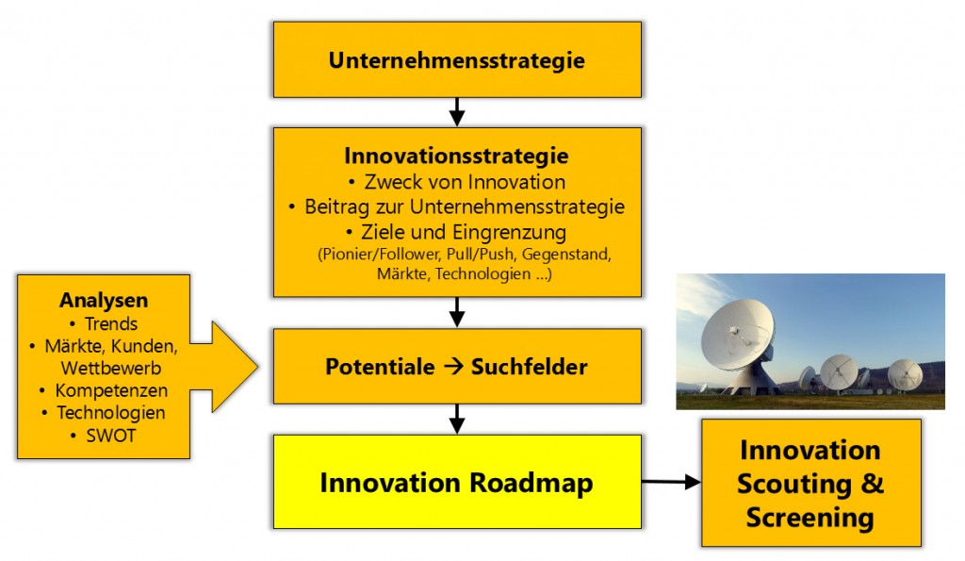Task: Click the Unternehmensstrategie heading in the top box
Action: coord(457,60)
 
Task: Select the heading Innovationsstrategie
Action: coord(457,156)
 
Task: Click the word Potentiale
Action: coord(380,367)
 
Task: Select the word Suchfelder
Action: coord(530,367)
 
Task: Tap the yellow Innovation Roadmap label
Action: coord(457,483)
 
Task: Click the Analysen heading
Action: coord(104,301)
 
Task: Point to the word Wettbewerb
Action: coord(111,369)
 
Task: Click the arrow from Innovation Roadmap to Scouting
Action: coord(671,482)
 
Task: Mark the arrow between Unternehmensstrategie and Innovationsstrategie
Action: coord(457,112)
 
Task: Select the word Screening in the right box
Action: coord(810,518)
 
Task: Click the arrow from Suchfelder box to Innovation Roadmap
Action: coord(457,420)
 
